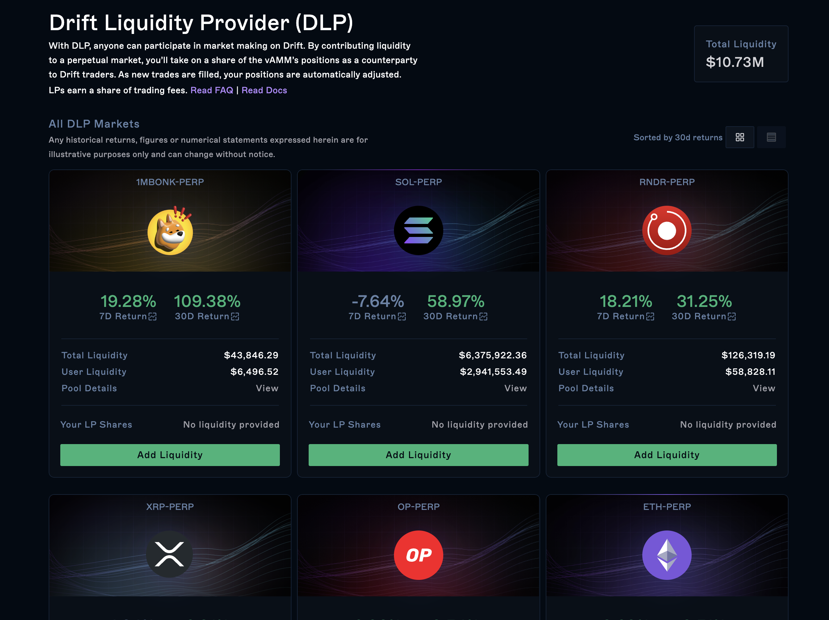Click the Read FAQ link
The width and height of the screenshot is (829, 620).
[x=211, y=91]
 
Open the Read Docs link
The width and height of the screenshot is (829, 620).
[x=264, y=91]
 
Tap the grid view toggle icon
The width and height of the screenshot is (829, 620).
[x=740, y=137]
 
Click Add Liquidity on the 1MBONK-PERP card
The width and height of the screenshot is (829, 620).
[x=170, y=455]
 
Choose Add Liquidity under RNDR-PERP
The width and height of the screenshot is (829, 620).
[x=666, y=455]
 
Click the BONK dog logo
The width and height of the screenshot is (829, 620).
[x=170, y=230]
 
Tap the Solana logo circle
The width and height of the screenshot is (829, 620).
[x=418, y=230]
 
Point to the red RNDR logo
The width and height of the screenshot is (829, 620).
[x=666, y=230]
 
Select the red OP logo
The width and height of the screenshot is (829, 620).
[x=418, y=555]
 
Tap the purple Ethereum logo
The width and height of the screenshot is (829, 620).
[x=666, y=555]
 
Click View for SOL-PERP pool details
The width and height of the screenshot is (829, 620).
[x=515, y=388]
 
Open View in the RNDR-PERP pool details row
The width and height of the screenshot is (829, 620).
[x=764, y=388]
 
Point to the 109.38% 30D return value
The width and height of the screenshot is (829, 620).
[x=207, y=301]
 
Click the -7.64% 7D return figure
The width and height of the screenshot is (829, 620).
[x=378, y=301]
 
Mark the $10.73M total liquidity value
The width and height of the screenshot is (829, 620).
[x=734, y=62]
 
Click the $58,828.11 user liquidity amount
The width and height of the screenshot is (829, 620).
[x=750, y=372]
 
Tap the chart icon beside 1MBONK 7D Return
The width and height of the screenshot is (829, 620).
[x=152, y=317]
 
